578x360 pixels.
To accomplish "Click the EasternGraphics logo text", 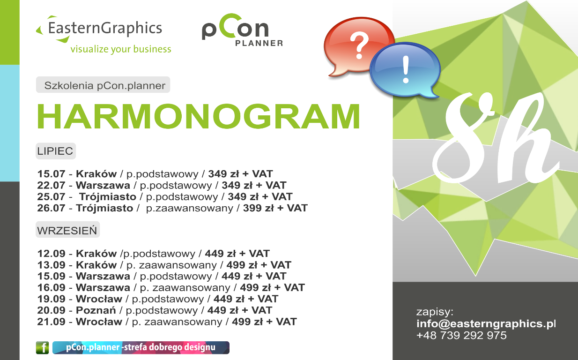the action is point(105,29).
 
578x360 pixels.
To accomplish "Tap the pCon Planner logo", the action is point(242,30).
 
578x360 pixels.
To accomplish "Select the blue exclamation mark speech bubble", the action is point(405,70).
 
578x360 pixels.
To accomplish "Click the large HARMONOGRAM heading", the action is point(198,116).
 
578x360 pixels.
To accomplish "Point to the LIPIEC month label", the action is point(55,151).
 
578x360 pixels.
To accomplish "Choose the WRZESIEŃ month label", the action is point(67,230).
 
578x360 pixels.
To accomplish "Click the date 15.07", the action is point(52,174).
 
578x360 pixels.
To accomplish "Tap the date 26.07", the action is point(52,208).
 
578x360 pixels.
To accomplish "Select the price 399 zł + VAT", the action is point(275,208).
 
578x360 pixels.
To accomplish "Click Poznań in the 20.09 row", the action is point(96,310).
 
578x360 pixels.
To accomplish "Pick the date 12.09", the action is point(52,253).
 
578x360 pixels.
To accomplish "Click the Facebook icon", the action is point(42,348).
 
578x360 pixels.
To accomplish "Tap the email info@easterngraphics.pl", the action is point(486,323).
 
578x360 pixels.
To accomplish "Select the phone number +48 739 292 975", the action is point(461,335).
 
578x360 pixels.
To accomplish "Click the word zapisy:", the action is point(435,312).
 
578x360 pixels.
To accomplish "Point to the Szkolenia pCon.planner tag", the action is point(103,85).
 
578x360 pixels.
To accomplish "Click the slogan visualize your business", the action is point(121,49).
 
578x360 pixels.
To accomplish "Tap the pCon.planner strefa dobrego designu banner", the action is point(141,348).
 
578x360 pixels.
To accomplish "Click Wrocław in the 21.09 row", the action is point(99,322).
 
